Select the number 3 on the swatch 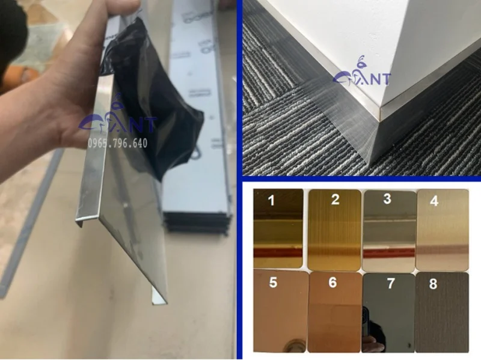[388, 198]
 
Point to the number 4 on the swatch [434, 201]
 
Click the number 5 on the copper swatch [273, 282]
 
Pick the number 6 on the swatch [332, 282]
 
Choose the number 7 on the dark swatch [391, 283]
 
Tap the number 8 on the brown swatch [434, 284]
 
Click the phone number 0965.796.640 [118, 144]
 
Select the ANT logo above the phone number [118, 123]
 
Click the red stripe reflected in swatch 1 [278, 252]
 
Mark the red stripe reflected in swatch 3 [388, 251]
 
